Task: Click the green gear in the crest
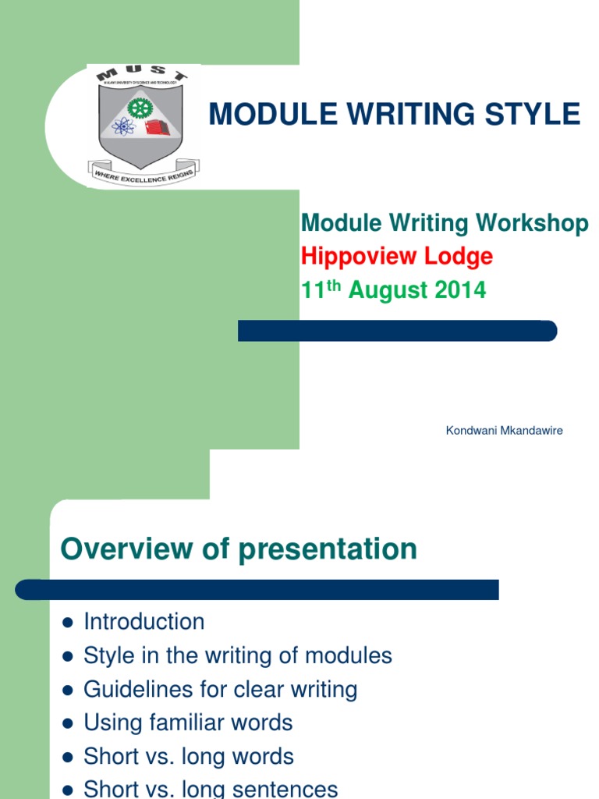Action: point(140,108)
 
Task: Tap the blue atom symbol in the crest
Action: point(124,126)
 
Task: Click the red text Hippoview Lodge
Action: point(397,256)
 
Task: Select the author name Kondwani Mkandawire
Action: point(504,431)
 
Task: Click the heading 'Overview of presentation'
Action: point(239,549)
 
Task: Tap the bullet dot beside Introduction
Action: point(67,623)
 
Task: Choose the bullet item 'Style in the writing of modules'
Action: point(238,655)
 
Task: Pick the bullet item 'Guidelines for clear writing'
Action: point(221,689)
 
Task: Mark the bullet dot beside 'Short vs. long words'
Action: point(67,758)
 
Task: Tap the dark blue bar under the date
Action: point(397,331)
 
